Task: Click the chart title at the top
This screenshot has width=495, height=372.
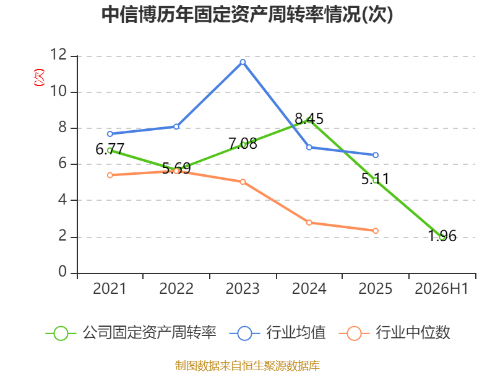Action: click(x=247, y=14)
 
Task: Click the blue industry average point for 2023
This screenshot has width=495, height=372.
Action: click(x=243, y=62)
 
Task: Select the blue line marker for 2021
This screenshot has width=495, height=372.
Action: click(x=110, y=134)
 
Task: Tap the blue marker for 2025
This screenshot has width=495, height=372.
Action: click(x=376, y=155)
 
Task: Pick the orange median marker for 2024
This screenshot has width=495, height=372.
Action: click(x=309, y=223)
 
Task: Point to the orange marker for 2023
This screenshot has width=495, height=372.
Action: click(x=243, y=182)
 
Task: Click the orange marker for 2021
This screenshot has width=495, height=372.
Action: click(x=110, y=175)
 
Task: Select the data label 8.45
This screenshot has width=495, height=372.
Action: click(x=309, y=119)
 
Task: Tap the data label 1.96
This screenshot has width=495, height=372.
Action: click(x=442, y=236)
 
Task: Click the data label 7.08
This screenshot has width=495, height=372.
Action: click(x=243, y=144)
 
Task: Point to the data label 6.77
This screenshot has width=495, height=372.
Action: click(x=110, y=149)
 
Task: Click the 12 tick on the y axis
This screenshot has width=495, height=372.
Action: click(x=59, y=55)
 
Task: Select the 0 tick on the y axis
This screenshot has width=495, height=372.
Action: click(x=63, y=272)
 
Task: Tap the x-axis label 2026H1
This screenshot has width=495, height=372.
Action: click(x=442, y=288)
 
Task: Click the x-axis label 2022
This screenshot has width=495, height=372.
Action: click(x=176, y=288)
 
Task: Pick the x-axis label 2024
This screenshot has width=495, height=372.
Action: click(x=309, y=288)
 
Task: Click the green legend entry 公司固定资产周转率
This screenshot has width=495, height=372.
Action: click(x=131, y=333)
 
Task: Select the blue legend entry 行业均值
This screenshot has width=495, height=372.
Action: click(x=277, y=333)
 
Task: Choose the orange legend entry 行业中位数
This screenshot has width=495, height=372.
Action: click(x=394, y=333)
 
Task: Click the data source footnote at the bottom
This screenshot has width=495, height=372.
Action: click(x=247, y=365)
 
